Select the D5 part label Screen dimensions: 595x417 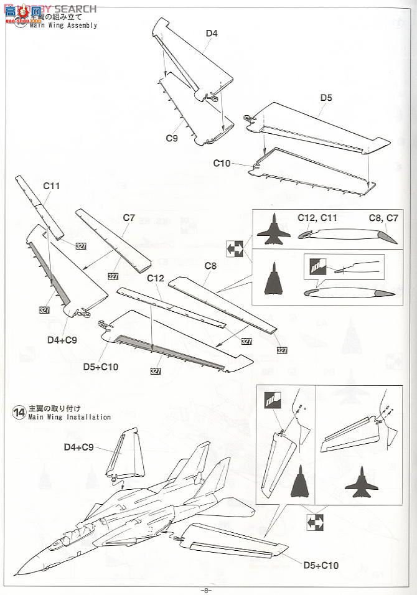click(326, 97)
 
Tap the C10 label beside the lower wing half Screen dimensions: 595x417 click(222, 163)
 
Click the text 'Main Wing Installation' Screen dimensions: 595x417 click(70, 417)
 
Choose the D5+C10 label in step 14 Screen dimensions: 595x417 click(322, 565)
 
